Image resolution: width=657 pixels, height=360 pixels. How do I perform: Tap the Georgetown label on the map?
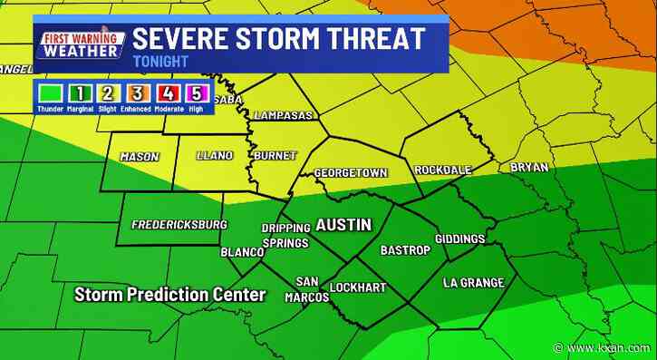351,171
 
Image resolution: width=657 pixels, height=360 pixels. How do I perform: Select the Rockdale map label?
444,170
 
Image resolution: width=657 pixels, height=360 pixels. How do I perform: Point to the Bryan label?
529,168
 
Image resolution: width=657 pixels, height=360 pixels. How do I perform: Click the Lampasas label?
284,116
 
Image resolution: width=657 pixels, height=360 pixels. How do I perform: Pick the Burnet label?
275,156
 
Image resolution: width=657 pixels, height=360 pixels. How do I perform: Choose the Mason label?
140,157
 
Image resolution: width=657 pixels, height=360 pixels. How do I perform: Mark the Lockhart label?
357,287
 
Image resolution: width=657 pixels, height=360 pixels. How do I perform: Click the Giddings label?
460,238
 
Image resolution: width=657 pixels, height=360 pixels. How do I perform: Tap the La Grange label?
473,283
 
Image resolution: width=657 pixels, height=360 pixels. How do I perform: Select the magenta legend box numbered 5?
195,92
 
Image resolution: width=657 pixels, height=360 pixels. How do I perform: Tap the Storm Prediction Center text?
170,295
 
